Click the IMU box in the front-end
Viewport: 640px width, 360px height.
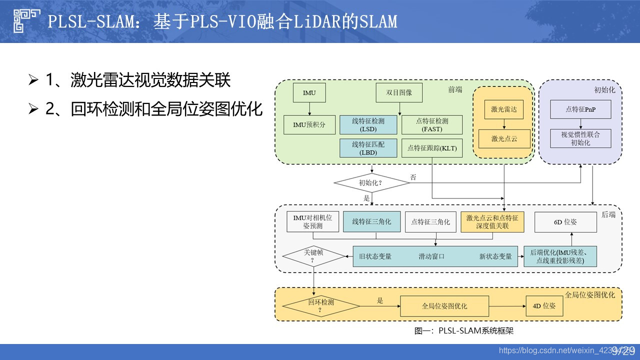(x=309, y=93)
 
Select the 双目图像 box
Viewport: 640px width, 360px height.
(x=399, y=93)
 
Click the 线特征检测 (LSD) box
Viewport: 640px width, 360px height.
(x=368, y=124)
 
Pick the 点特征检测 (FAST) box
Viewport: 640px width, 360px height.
(x=431, y=124)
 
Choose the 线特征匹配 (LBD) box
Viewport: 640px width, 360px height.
(x=368, y=148)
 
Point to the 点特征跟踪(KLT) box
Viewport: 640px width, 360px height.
(x=431, y=148)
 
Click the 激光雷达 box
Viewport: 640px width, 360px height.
(x=503, y=109)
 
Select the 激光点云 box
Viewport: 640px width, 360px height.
(x=503, y=138)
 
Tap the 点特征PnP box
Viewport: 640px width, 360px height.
(x=580, y=109)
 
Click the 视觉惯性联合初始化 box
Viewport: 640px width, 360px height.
(x=580, y=138)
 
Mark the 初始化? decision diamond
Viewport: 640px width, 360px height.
(x=371, y=182)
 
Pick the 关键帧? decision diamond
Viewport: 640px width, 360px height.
(x=314, y=256)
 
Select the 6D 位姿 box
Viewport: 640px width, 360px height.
(x=565, y=222)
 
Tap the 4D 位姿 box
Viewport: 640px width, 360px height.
(x=544, y=305)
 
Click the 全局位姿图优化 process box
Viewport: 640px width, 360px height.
(x=444, y=305)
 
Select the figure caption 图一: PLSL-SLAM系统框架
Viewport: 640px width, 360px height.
(x=464, y=330)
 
